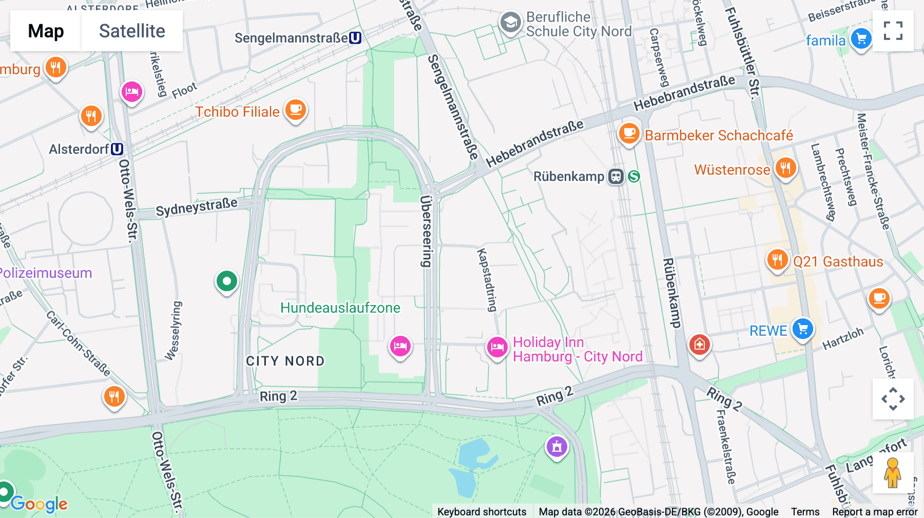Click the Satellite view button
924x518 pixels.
coord(132,31)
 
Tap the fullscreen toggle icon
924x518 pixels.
coord(893,31)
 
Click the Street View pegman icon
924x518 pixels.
coord(892,472)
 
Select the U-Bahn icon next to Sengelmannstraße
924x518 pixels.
coord(355,38)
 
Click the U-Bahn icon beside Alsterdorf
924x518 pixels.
coord(117,149)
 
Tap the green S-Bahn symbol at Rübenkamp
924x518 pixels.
coord(634,176)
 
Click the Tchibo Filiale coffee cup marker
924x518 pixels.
coord(296,109)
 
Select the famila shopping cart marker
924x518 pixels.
coord(861,38)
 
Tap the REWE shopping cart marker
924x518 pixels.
coord(802,329)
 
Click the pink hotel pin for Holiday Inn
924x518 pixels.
coord(497,347)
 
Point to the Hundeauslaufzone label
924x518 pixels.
coord(340,308)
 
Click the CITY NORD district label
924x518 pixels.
coord(285,361)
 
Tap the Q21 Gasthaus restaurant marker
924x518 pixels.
coord(777,260)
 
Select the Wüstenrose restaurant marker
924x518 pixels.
coord(785,168)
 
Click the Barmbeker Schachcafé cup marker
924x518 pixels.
coord(629,133)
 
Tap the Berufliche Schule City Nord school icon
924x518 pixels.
coord(510,23)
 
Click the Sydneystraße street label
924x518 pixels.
coord(197,207)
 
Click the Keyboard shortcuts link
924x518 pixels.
coord(482,511)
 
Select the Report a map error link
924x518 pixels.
coord(874,511)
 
